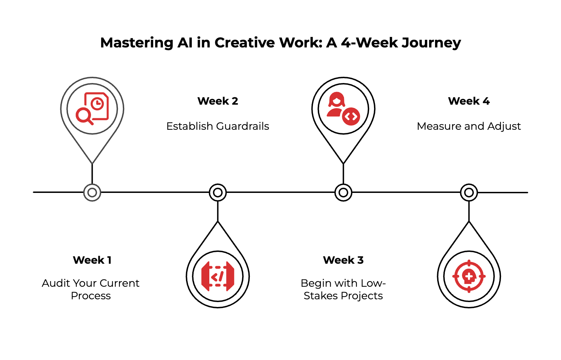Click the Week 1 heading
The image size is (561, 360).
(x=92, y=260)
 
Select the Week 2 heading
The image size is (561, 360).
(x=218, y=101)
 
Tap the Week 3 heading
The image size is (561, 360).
(x=343, y=260)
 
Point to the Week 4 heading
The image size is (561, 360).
(x=469, y=101)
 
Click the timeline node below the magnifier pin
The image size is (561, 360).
(x=92, y=193)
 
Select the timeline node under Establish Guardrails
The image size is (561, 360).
(x=218, y=193)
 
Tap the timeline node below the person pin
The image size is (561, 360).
(x=343, y=193)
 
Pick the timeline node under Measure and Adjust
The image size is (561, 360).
(x=469, y=193)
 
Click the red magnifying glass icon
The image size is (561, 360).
(x=84, y=115)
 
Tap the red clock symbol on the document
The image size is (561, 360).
(x=97, y=104)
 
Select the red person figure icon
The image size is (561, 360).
(x=336, y=104)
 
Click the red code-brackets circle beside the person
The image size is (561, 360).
(x=351, y=117)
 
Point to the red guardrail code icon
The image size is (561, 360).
(x=218, y=276)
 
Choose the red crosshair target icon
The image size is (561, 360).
(x=469, y=276)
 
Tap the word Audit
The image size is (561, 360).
(x=56, y=283)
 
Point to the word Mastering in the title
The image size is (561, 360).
(x=136, y=43)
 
